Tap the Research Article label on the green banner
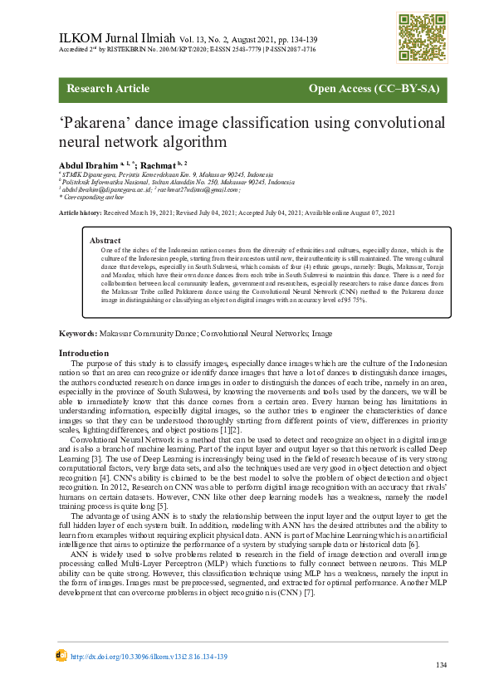tap(108, 89)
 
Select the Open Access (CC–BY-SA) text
tap(373, 89)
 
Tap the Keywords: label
tap(79, 333)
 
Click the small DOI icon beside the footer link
tap(61, 656)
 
